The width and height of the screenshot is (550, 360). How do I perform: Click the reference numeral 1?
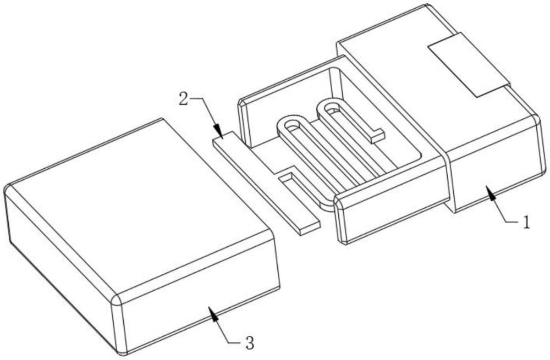526,223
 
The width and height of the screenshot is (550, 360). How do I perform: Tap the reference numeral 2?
184,99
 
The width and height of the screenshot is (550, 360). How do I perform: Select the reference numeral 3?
249,345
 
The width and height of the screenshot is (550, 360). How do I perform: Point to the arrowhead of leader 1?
488,190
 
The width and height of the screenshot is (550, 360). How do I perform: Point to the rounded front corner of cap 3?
116,300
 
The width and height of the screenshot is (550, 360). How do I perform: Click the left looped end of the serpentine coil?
291,124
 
